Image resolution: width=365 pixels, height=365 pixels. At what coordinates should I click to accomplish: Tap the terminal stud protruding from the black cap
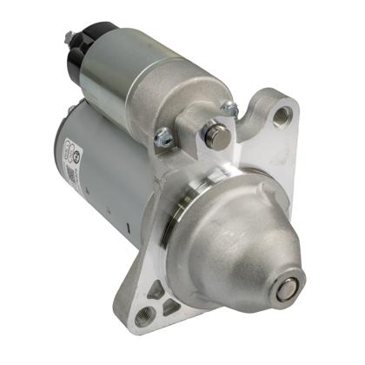(x=68, y=36)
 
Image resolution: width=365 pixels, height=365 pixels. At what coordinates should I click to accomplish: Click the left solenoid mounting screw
(x=163, y=136)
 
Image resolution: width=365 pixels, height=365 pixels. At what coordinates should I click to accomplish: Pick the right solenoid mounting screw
(x=229, y=108)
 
